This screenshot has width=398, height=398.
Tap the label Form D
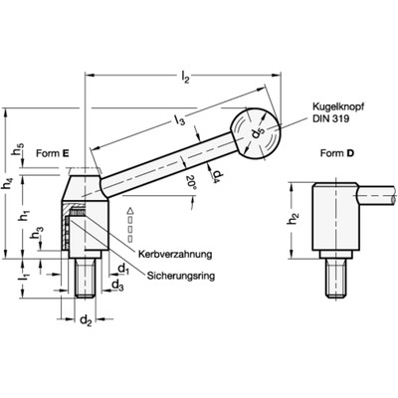pyautogui.click(x=334, y=154)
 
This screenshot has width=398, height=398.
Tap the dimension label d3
pyautogui.click(x=117, y=287)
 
